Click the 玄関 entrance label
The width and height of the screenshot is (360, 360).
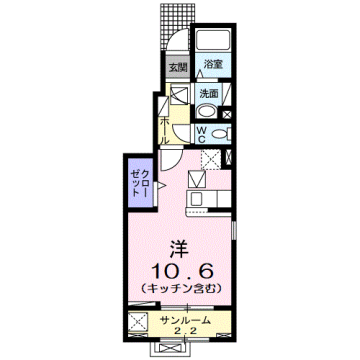pos(176,67)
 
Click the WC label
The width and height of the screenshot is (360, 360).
pos(201,133)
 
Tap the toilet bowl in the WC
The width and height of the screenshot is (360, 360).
pos(221,132)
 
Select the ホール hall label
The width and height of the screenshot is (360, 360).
pos(165,127)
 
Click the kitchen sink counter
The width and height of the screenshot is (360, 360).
pos(196,195)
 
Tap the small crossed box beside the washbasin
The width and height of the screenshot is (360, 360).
pos(180,97)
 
